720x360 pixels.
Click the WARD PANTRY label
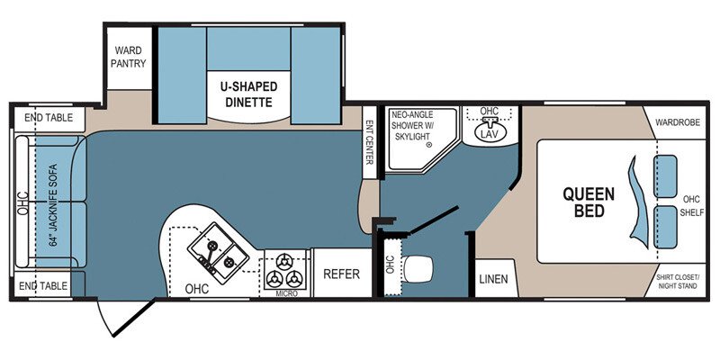click(128, 57)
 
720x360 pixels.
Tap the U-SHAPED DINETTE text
click(248, 94)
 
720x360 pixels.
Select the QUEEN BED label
click(589, 202)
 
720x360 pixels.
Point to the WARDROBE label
click(678, 122)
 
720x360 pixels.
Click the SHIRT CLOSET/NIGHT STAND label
click(677, 282)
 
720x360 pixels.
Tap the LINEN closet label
click(493, 279)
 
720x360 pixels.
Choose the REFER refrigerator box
click(342, 274)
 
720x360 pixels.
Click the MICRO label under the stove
click(287, 293)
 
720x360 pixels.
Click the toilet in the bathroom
click(418, 268)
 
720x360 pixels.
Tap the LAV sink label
click(490, 133)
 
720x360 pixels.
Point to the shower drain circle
click(429, 145)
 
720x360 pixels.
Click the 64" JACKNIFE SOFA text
click(53, 205)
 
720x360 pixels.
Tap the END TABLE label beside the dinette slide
click(49, 118)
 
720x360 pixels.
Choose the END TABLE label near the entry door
click(43, 285)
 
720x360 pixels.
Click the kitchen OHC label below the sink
click(197, 289)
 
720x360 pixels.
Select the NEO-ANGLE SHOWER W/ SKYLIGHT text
click(411, 125)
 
